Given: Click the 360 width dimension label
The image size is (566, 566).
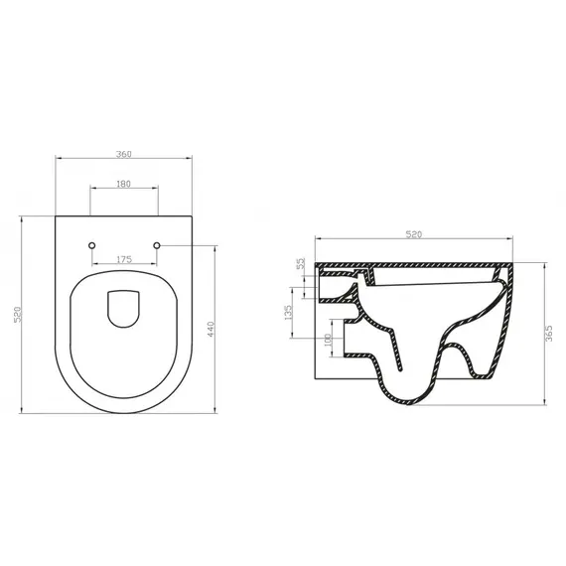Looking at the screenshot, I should (124, 154).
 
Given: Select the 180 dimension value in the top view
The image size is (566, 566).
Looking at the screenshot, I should (124, 184).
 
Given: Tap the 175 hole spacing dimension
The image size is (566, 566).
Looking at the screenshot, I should (124, 259).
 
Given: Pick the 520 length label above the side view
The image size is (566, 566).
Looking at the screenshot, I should (414, 234).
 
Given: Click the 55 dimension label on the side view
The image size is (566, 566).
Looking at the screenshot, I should (300, 265).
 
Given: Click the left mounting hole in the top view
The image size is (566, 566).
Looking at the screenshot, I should (91, 244).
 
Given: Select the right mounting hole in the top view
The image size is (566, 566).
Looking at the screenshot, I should (157, 244).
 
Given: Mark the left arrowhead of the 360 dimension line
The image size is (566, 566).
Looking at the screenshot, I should (56, 159).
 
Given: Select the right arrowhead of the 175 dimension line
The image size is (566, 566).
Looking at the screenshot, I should (157, 264).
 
